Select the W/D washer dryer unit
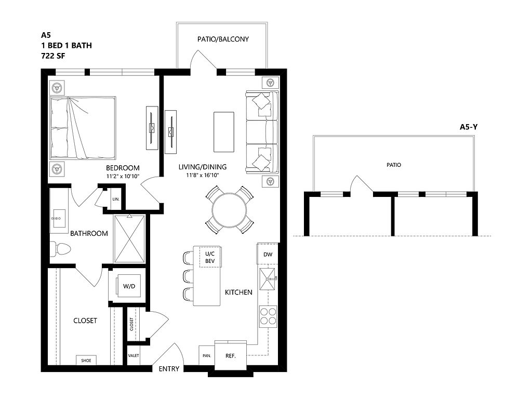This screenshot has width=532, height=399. click(x=129, y=286)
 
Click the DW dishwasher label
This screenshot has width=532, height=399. click(x=268, y=254)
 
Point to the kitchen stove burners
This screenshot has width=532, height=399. click(x=268, y=316)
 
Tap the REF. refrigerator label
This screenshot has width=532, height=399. click(x=230, y=356)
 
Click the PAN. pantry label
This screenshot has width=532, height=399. click(x=207, y=356)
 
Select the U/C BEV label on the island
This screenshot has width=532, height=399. click(x=210, y=257)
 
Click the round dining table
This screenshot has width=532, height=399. click(x=229, y=210)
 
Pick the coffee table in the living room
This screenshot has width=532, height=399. click(x=223, y=132)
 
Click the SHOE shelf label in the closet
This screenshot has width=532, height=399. click(x=86, y=361)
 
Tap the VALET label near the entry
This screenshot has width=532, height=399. click(x=134, y=355)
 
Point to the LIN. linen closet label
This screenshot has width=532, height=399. click(x=116, y=199)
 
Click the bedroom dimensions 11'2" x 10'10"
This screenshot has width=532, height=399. click(x=123, y=177)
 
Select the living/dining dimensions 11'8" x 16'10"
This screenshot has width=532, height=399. click(x=203, y=176)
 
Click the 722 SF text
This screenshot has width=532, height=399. click(x=53, y=56)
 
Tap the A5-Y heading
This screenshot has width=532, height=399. click(x=469, y=127)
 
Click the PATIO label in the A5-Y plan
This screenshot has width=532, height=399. click(x=394, y=165)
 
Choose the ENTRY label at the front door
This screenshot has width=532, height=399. click(x=169, y=369)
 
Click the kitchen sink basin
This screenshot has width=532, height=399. click(x=268, y=279)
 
